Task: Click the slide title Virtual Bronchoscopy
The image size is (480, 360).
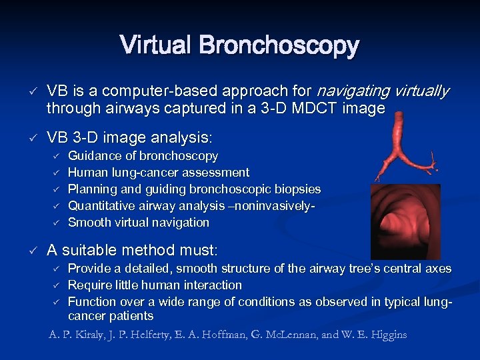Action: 239,46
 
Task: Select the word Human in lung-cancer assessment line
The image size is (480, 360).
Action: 86,173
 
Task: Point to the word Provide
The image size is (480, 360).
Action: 89,269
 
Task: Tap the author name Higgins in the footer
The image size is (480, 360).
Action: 384,335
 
